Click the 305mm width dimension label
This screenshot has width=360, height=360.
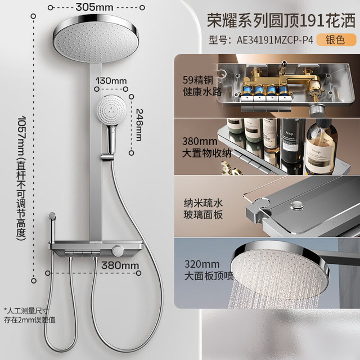click(94, 7)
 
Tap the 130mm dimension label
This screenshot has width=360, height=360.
click(111, 81)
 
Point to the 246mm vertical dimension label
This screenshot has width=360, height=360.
click(139, 125)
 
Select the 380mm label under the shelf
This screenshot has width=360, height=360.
click(120, 265)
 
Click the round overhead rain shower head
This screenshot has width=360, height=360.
click(96, 38)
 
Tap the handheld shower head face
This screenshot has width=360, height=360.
click(112, 110)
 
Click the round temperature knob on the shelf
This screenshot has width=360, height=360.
click(118, 251)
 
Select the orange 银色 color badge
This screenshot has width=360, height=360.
click(336, 40)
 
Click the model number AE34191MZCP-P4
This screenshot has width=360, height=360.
click(275, 40)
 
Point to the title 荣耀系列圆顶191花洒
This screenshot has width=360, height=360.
click(281, 21)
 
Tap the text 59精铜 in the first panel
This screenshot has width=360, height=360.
click(198, 80)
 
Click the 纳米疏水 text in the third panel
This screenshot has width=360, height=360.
click(203, 203)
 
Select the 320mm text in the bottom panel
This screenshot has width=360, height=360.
click(202, 264)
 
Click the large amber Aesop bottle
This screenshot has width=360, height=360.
click(321, 147)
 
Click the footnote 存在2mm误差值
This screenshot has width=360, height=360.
click(30, 320)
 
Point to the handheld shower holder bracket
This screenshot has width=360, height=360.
click(107, 157)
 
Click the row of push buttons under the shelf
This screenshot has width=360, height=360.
click(83, 253)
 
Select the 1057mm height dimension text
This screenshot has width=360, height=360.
click(21, 178)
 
